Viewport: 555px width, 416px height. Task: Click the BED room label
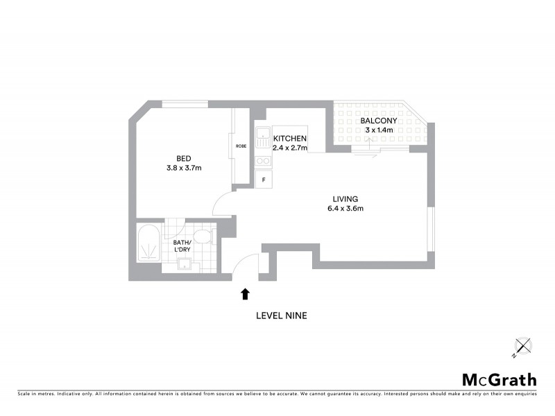tap(184, 158)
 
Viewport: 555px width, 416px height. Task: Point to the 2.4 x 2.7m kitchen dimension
tap(289, 148)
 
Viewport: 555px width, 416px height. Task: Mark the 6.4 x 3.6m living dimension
tap(345, 209)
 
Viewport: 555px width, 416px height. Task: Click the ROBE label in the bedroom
tap(241, 146)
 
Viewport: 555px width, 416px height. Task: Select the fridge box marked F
tap(264, 180)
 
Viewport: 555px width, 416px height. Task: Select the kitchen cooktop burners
tap(263, 161)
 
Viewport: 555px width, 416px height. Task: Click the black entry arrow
tap(244, 294)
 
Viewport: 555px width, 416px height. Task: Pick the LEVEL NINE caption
tap(281, 315)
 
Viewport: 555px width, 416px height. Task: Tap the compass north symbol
tap(522, 346)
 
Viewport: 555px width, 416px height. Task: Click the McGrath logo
tap(499, 379)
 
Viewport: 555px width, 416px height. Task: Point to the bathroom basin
tap(185, 263)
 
